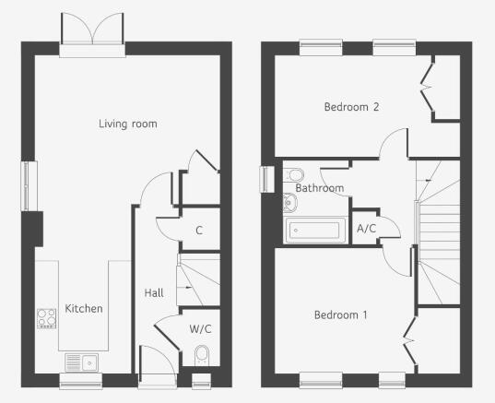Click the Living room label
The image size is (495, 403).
click(128, 124)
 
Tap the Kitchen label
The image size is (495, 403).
click(84, 309)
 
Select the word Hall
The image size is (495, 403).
click(154, 293)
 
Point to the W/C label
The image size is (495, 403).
click(200, 329)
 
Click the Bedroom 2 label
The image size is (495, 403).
click(351, 107)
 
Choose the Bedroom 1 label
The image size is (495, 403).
click(341, 314)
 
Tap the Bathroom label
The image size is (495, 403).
click(320, 188)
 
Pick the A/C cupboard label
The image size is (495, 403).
click(367, 229)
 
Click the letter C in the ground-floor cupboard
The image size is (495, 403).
click(199, 231)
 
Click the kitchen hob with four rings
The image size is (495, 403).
click(47, 318)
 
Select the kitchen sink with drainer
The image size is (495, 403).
click(81, 362)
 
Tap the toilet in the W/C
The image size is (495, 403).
click(202, 356)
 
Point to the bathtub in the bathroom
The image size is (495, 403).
click(314, 231)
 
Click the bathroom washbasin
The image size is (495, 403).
click(290, 203)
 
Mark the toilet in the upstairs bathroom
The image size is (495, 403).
click(294, 174)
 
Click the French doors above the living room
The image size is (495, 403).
click(92, 35)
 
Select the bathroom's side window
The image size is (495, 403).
click(266, 180)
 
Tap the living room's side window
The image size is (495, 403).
click(29, 185)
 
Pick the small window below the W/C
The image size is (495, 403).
click(201, 381)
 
